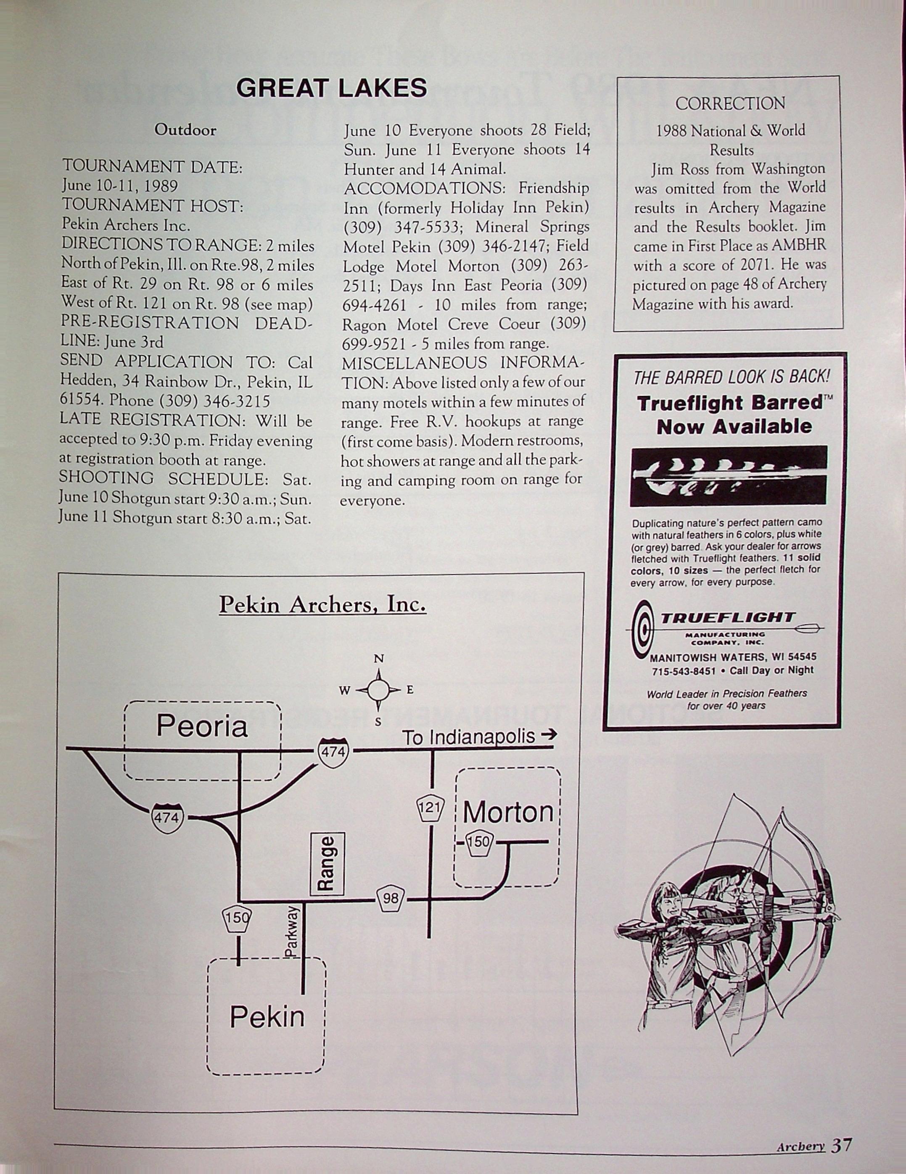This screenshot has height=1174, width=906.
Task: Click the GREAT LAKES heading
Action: [x=331, y=87]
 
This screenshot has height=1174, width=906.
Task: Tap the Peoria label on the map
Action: [x=202, y=726]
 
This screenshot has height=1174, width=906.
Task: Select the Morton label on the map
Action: [x=507, y=812]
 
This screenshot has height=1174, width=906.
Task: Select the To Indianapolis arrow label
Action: [x=478, y=736]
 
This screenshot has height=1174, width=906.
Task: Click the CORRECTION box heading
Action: [x=730, y=103]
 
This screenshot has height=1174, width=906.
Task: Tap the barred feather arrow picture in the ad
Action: [x=729, y=475]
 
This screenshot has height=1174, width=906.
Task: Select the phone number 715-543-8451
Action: [x=684, y=671]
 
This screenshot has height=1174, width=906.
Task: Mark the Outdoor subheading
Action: [x=185, y=130]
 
